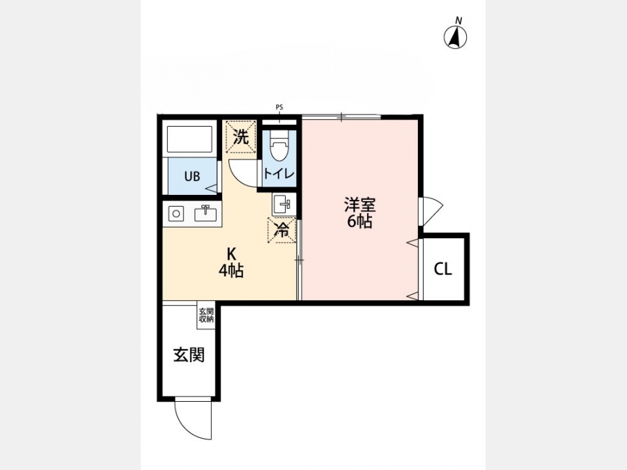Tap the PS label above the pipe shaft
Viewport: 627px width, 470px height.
279,107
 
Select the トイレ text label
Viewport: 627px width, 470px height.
279,173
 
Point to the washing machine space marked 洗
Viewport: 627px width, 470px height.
241,136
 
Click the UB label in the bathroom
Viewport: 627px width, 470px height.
192,176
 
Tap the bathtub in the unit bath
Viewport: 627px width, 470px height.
189,139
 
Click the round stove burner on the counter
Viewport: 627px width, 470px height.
176,214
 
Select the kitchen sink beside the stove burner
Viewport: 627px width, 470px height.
206,214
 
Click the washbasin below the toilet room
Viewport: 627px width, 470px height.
284,204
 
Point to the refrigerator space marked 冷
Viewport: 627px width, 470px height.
282,230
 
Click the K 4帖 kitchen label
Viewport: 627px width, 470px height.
231,263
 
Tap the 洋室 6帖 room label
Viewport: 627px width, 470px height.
360,213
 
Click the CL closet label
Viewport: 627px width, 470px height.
443,269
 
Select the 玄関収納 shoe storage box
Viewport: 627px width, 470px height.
206,315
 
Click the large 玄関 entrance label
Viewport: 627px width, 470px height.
189,354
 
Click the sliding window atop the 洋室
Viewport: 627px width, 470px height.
341,117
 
